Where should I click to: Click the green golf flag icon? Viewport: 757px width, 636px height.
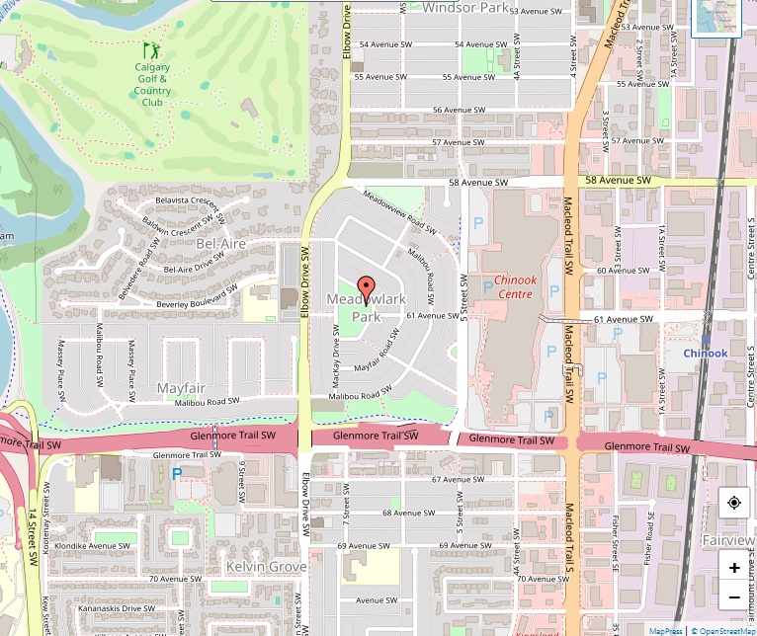coord(151,49)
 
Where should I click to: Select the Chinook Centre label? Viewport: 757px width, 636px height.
coord(515,286)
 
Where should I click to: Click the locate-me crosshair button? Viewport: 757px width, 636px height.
coord(733,503)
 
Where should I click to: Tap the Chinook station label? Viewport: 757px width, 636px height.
coord(705,353)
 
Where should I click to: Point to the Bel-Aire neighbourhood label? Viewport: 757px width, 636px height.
coord(219,242)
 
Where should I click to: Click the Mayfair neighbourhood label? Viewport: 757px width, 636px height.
coord(180,388)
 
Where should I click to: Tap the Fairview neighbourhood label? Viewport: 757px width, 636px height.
coord(728,541)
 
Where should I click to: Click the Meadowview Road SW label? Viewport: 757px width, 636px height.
coord(400,210)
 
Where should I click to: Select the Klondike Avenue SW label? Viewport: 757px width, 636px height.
coord(96,545)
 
